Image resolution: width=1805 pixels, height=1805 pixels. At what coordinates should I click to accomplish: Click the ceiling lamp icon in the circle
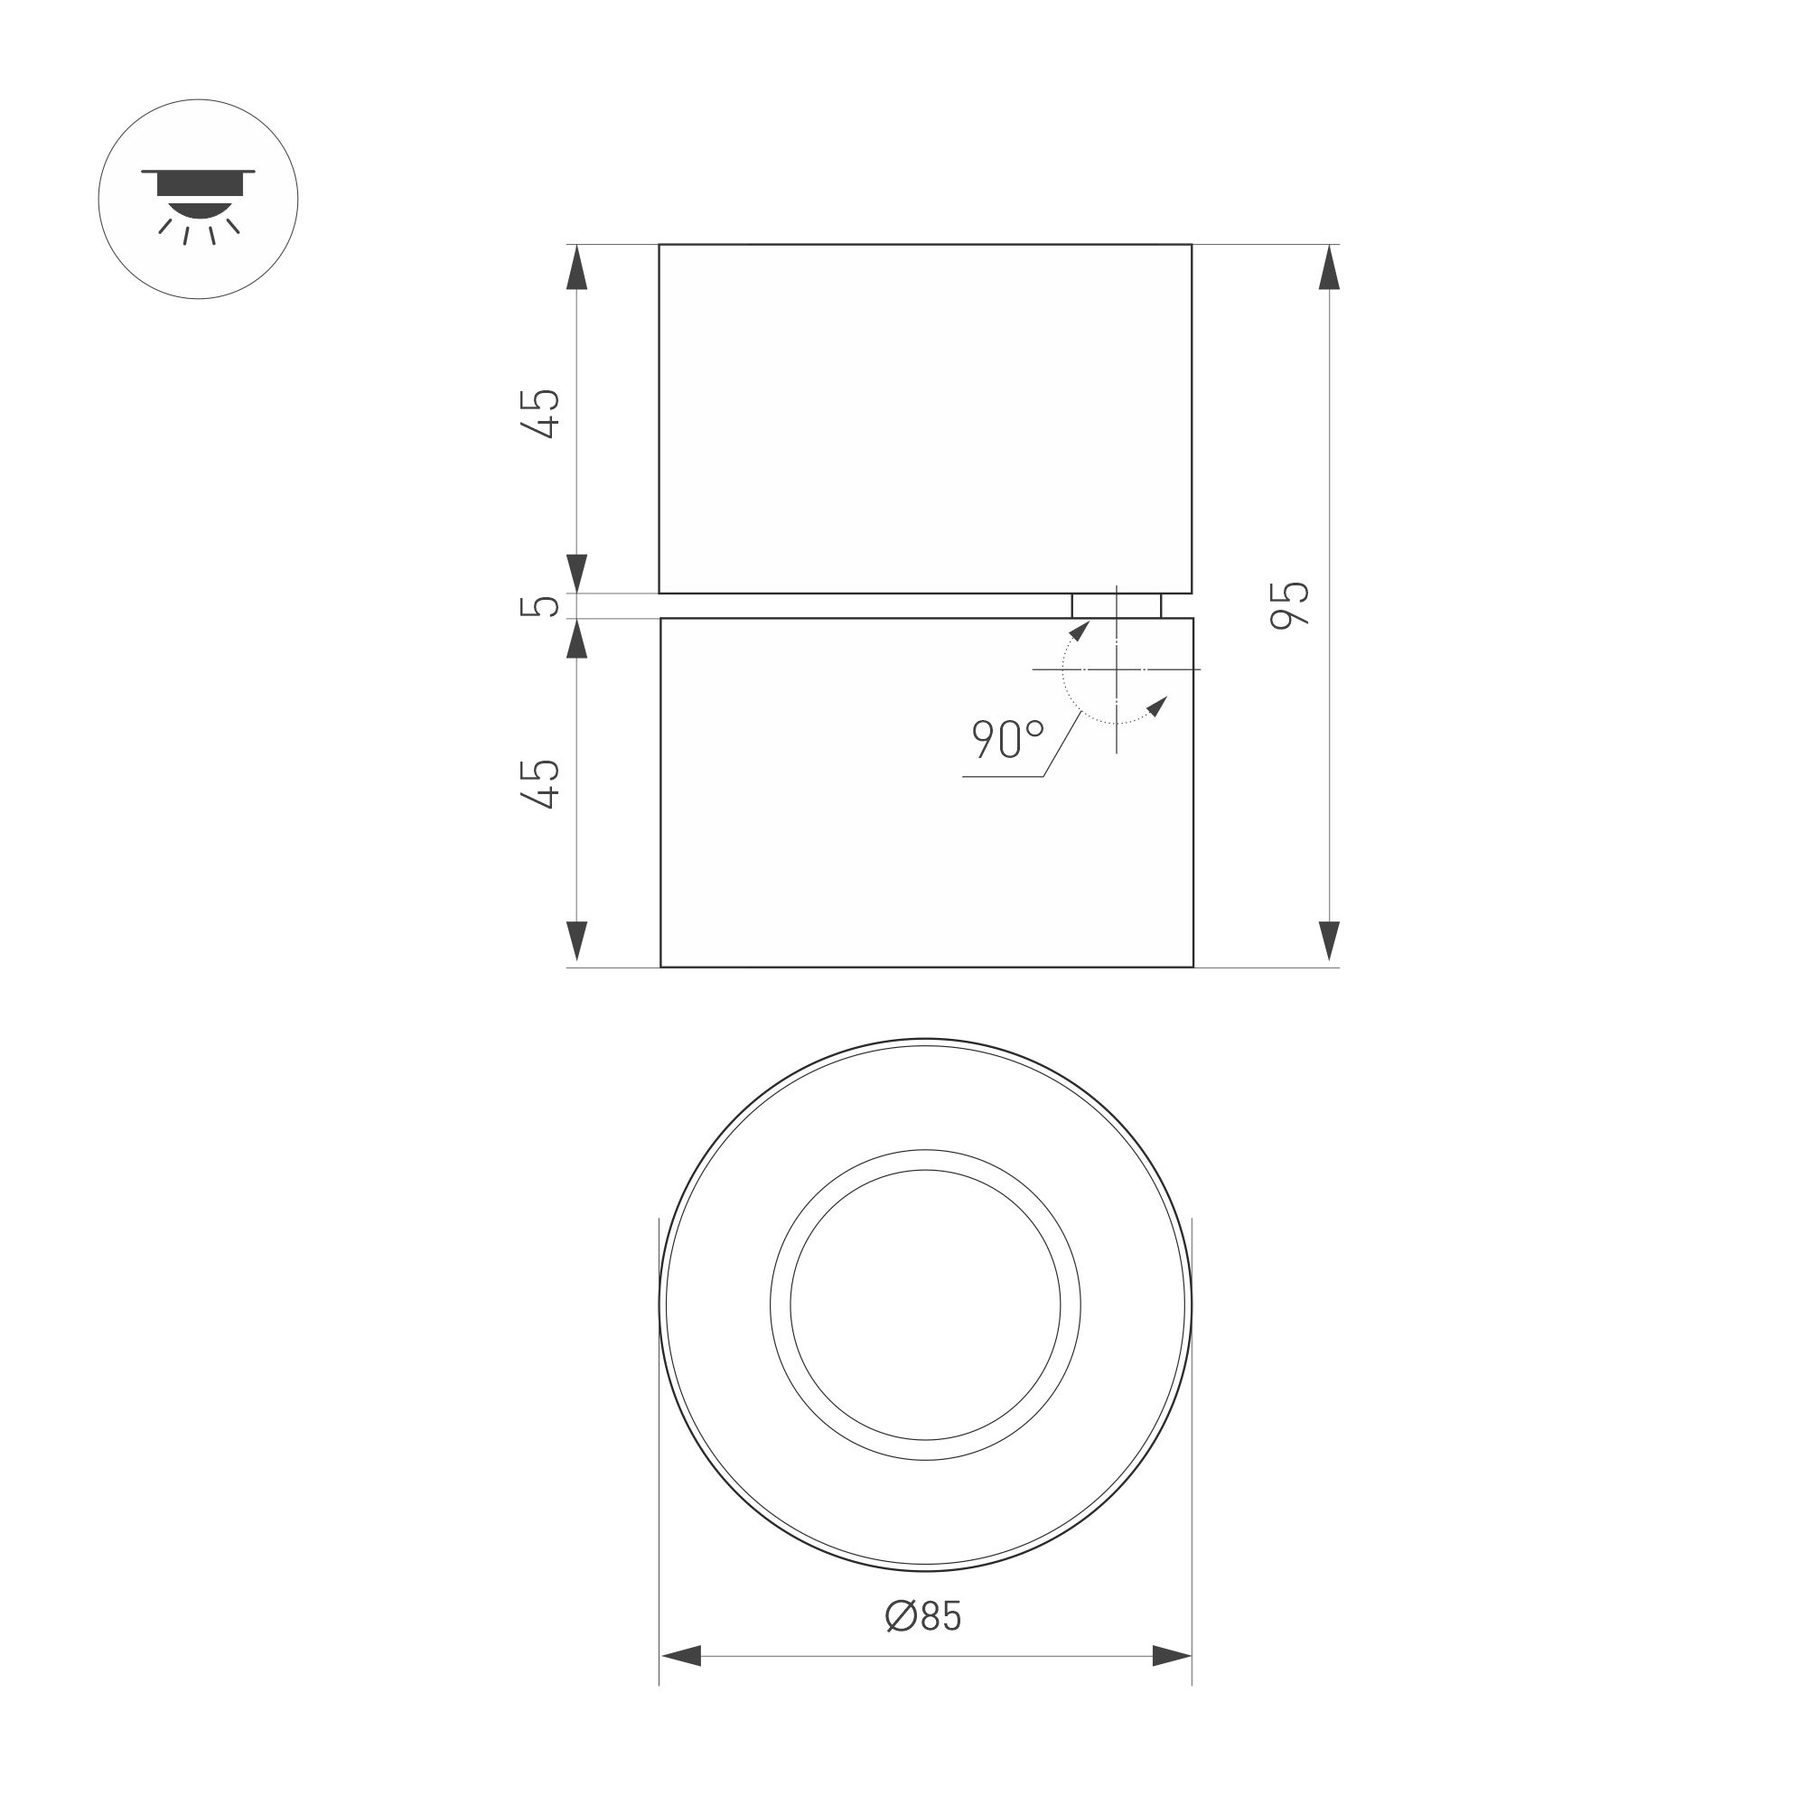tap(198, 199)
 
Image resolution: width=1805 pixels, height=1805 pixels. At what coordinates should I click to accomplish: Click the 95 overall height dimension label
tap(1290, 604)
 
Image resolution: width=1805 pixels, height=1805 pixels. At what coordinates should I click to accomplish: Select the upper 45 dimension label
tap(540, 413)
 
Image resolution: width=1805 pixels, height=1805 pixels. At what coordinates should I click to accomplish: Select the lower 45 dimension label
tap(540, 783)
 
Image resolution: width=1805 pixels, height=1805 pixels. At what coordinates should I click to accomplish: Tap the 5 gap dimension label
tap(539, 605)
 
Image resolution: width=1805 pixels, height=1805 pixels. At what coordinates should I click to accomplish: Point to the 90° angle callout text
tap(1007, 738)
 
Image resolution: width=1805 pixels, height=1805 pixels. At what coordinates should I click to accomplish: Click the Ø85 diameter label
tap(923, 1616)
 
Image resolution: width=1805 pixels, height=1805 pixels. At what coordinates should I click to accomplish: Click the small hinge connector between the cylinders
tap(1117, 605)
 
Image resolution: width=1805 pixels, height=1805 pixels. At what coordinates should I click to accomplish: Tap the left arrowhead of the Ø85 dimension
tap(681, 1657)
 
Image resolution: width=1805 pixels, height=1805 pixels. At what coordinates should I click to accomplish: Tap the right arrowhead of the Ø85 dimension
tap(1172, 1657)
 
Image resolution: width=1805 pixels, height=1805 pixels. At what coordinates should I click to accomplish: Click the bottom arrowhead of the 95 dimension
tap(1329, 941)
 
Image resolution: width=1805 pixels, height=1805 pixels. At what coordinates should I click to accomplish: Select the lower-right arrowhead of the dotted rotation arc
tap(1157, 706)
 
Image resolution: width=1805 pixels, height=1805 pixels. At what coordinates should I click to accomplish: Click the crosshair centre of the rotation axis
tap(1117, 669)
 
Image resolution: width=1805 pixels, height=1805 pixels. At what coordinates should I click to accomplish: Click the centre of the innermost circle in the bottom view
tap(925, 1305)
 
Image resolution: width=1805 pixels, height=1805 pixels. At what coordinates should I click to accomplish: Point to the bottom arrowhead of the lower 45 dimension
tap(577, 941)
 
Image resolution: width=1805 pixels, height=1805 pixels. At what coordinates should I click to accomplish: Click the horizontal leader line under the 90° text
tap(1003, 777)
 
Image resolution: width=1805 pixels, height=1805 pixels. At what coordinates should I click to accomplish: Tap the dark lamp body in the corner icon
tap(199, 185)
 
